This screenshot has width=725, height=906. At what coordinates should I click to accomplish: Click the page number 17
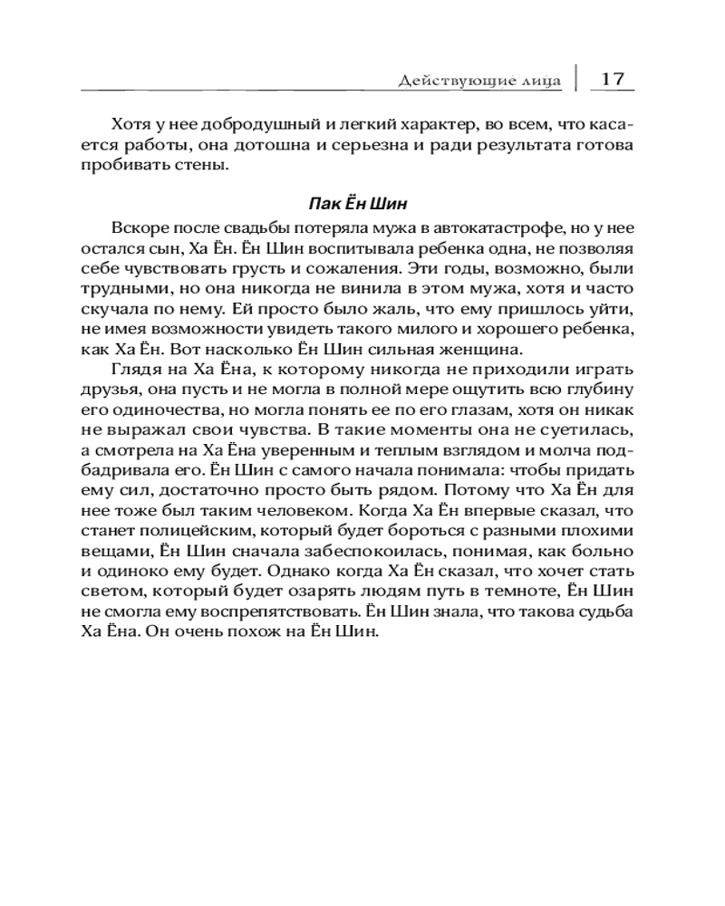[613, 79]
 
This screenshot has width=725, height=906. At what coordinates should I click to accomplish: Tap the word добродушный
[243, 122]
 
